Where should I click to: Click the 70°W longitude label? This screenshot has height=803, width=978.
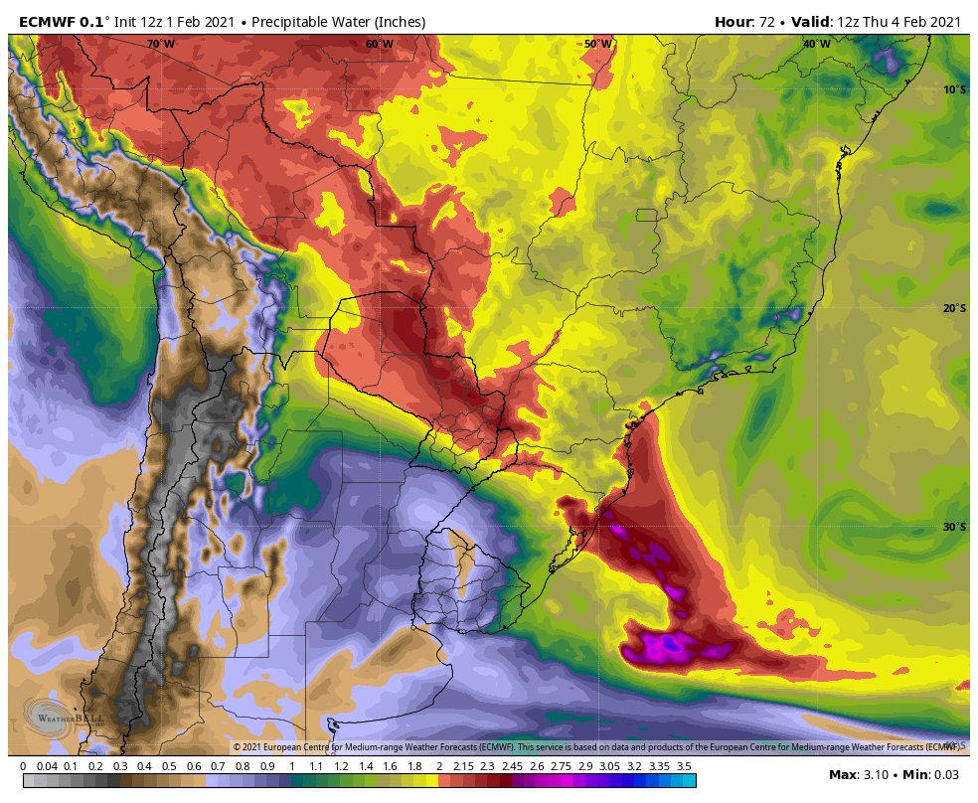point(160,44)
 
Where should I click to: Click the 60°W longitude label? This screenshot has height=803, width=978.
point(379,44)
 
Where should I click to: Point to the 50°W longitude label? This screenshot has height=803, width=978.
point(597,44)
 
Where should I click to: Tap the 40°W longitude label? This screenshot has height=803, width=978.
point(816,44)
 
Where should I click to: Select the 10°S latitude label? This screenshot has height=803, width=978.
point(954,89)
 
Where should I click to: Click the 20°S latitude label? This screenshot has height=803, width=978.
point(954,308)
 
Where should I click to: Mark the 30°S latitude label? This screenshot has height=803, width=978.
point(954,527)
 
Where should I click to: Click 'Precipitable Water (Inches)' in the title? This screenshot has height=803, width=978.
point(339,21)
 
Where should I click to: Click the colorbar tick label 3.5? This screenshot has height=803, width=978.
point(684,766)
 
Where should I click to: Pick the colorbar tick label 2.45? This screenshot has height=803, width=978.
point(512,766)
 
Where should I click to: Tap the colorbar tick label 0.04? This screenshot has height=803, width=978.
point(46,766)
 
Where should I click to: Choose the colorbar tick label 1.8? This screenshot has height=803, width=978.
point(414,766)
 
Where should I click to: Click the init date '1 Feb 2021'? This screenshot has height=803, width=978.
point(201,21)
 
